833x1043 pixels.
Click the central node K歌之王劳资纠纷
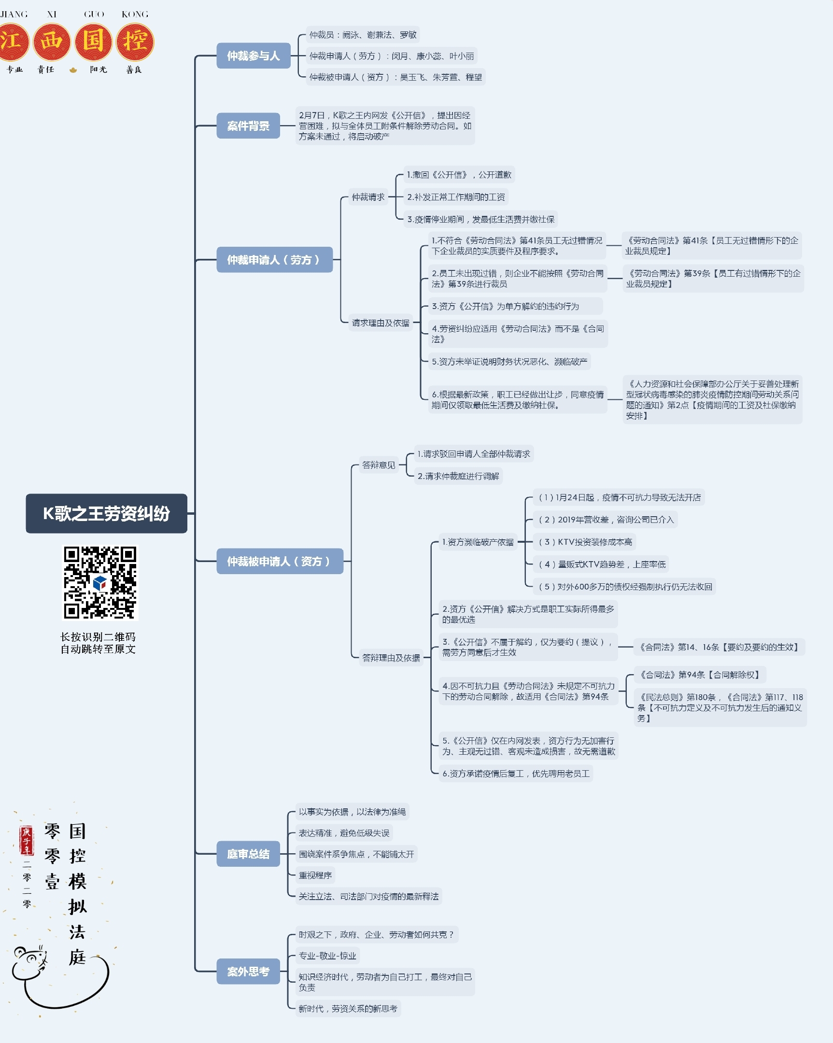(x=106, y=513)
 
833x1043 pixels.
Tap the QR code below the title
(x=100, y=582)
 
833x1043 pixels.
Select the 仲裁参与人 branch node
(x=254, y=56)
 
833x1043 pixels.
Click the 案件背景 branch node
(x=248, y=126)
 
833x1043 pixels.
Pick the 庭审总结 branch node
(x=248, y=854)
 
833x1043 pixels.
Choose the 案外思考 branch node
(x=248, y=972)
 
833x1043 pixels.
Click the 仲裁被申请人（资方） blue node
(x=279, y=561)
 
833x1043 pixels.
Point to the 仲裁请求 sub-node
(x=368, y=197)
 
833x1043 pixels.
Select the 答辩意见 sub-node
(x=379, y=465)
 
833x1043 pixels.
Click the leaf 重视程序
(x=315, y=875)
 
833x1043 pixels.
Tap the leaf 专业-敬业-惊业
(x=327, y=956)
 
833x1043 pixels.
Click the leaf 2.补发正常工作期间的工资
(x=456, y=197)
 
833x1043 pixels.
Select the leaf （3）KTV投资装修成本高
(x=585, y=542)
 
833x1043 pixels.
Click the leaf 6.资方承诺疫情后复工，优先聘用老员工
(x=516, y=774)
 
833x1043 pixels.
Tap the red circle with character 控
(x=135, y=42)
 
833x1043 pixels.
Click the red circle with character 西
(x=51, y=42)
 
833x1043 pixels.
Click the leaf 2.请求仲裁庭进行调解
(x=458, y=476)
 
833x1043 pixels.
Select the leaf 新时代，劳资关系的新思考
(x=348, y=1009)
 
